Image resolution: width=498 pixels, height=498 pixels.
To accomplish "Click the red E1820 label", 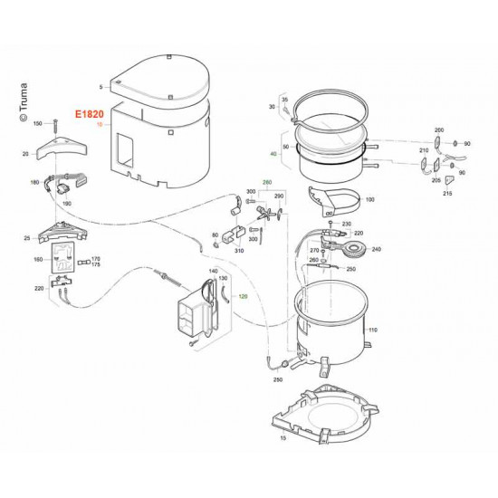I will point(91,117).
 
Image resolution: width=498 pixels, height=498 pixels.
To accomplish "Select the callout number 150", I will point(38,122).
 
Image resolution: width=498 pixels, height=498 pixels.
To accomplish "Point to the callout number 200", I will point(439,130).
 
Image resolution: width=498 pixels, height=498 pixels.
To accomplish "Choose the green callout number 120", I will point(242,297).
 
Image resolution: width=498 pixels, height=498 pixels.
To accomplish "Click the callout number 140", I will point(214,271).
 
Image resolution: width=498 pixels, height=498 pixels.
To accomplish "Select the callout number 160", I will point(38,260).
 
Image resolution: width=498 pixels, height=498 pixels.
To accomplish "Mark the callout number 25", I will point(29,238).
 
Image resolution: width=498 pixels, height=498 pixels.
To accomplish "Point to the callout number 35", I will point(283,98).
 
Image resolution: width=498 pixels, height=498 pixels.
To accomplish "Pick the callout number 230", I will point(345,224).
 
